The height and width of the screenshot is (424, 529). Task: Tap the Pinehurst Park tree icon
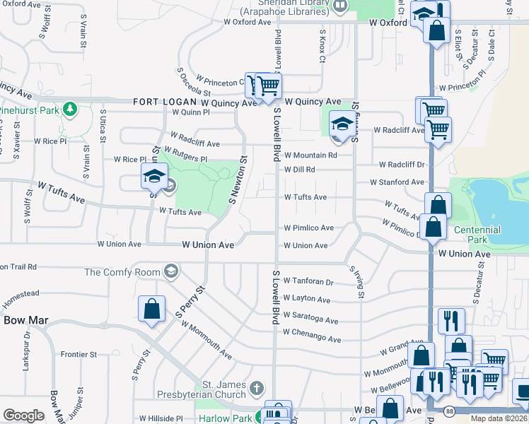pyautogui.click(x=69, y=109)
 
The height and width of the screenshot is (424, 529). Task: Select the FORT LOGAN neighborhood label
pyautogui.click(x=165, y=102)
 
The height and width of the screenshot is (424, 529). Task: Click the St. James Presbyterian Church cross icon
pyautogui.click(x=256, y=388)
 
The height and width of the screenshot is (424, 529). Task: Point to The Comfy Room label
pyautogui.click(x=123, y=271)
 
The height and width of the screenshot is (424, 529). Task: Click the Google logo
pyautogui.click(x=23, y=416)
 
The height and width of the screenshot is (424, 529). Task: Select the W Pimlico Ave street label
pyautogui.click(x=308, y=228)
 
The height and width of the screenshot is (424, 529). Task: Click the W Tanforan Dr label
pyautogui.click(x=308, y=281)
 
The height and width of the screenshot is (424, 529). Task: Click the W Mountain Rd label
pyautogui.click(x=310, y=155)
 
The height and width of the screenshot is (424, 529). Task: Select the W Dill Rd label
pyautogui.click(x=299, y=170)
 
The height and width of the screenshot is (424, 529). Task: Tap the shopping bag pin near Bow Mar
pyautogui.click(x=151, y=309)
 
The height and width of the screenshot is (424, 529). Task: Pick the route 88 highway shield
pyautogui.click(x=450, y=410)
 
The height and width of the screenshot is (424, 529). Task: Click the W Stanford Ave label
pyautogui.click(x=397, y=182)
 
